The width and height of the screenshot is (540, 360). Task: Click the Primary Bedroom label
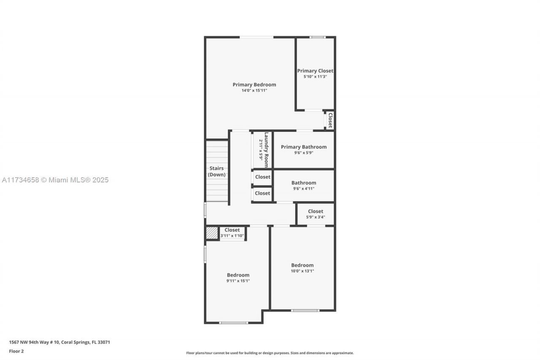(x=254, y=85)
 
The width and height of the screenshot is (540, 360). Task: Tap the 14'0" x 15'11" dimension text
(x=254, y=90)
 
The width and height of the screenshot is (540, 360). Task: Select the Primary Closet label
(x=315, y=71)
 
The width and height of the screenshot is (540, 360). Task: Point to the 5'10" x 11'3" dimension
(x=315, y=76)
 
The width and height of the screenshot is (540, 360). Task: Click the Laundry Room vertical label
(x=266, y=150)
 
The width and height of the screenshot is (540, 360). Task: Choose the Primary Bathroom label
(x=304, y=147)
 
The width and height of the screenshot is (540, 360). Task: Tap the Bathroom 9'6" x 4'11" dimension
(x=304, y=189)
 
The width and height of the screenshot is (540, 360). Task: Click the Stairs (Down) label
(x=216, y=171)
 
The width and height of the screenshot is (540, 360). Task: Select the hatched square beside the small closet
(x=212, y=233)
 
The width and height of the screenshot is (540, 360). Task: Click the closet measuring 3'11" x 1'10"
(x=232, y=233)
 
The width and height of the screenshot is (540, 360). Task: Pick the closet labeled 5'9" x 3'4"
(x=316, y=214)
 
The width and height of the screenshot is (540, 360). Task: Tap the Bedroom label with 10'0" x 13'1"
(x=302, y=265)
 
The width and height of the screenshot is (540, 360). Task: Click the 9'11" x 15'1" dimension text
(x=238, y=281)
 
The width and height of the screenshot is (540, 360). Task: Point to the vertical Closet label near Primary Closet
(x=330, y=120)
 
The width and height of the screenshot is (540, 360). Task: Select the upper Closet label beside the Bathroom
(x=262, y=177)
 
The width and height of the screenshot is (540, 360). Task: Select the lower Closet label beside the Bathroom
(x=262, y=193)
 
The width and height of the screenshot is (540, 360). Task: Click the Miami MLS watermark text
(x=55, y=180)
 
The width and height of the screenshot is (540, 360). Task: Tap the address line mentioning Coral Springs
(x=59, y=342)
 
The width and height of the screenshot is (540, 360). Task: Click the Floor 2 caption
(x=16, y=351)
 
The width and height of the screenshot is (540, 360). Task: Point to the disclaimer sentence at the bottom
(x=270, y=353)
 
